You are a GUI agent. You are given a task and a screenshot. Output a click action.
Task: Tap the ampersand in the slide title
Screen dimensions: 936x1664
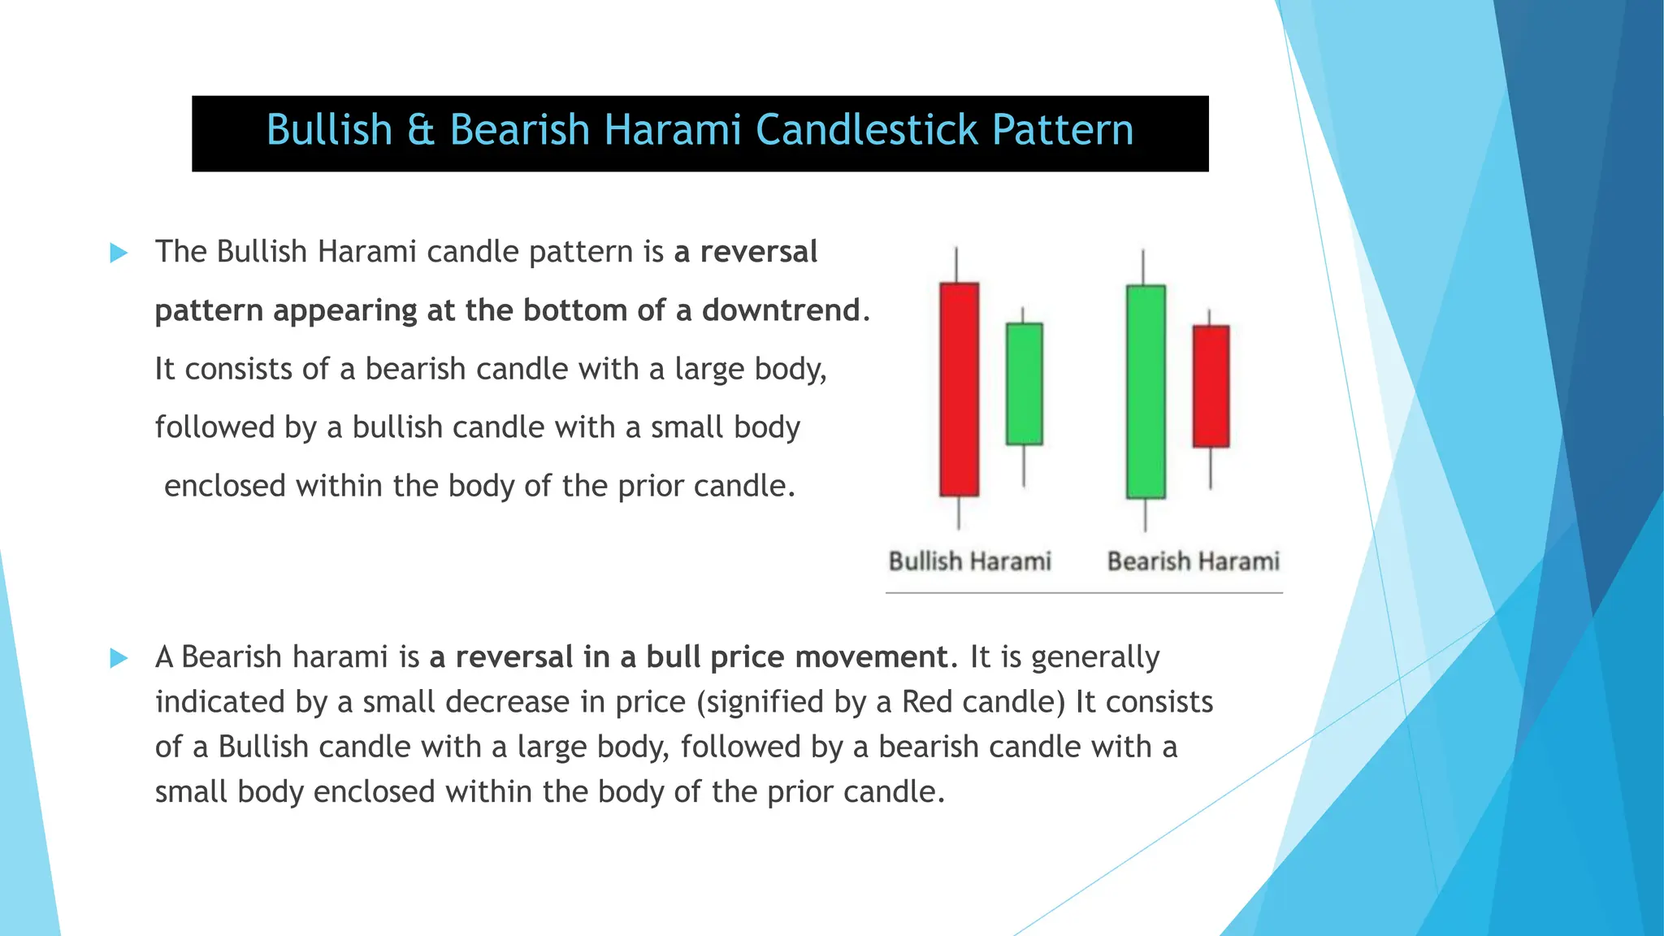click(421, 131)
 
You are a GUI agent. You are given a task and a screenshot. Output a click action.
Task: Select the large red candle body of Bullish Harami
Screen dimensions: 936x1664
click(959, 389)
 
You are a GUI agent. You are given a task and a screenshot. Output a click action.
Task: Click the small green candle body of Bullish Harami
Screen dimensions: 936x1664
click(1024, 384)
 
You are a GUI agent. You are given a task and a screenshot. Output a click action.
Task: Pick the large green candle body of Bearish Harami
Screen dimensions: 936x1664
click(1146, 392)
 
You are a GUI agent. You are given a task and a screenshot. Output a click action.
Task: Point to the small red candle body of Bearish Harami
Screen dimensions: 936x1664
click(1211, 387)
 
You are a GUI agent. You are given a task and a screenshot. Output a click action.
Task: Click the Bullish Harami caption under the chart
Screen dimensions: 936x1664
click(969, 561)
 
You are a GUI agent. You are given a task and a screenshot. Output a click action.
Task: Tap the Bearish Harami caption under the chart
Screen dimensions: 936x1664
click(1193, 561)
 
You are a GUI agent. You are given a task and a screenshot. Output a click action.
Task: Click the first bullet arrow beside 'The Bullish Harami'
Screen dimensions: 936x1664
click(119, 253)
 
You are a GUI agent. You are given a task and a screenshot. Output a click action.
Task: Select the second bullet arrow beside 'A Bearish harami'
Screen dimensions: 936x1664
click(119, 658)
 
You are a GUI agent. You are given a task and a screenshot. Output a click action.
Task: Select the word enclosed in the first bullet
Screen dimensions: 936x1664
click(225, 487)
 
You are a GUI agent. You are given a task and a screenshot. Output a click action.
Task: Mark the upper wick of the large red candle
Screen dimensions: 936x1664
click(956, 265)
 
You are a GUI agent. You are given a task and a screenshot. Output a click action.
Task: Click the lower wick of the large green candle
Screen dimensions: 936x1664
click(1146, 515)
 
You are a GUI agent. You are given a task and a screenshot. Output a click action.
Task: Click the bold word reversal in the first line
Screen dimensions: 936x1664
click(758, 253)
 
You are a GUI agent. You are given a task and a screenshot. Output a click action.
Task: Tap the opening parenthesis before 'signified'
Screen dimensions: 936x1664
click(701, 703)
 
